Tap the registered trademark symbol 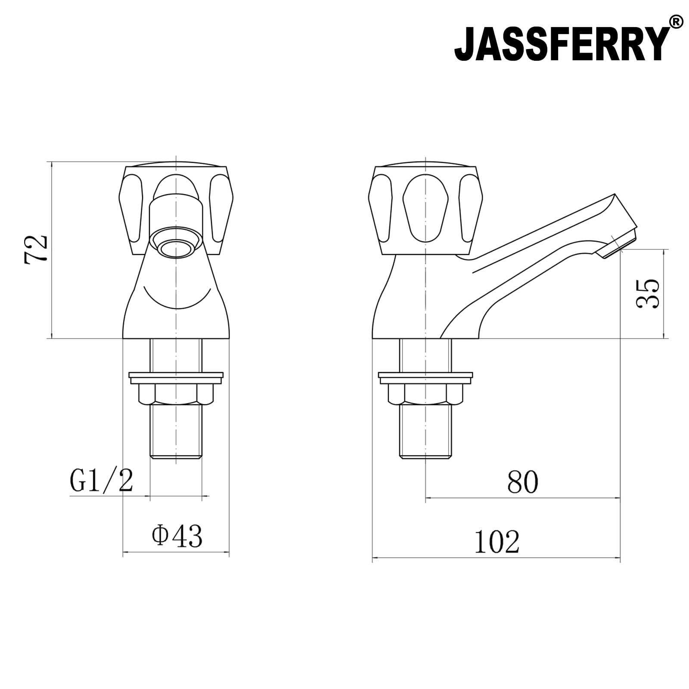[676, 22]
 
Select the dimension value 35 [647, 293]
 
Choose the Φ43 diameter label [177, 536]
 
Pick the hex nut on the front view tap [176, 394]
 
